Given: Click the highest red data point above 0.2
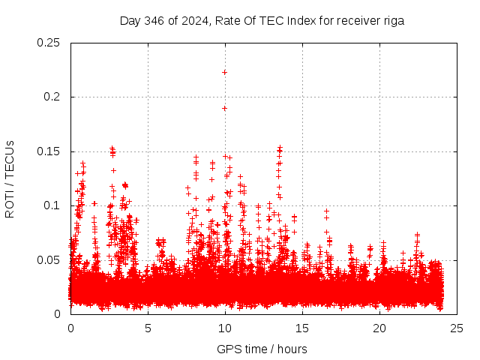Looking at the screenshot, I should [224, 72].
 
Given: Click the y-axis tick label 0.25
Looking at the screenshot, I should [49, 43].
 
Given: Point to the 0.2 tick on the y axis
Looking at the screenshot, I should [52, 97].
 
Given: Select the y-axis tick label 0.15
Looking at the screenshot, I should [49, 151].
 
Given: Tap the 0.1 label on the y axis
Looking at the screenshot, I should [52, 205].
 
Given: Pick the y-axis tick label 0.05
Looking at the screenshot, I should [49, 260].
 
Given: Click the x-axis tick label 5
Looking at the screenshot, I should [148, 328].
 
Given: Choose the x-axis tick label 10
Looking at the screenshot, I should [225, 328].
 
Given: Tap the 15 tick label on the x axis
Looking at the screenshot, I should [302, 328].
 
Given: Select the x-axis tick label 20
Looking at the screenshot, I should [379, 328].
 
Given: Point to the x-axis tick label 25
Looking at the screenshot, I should [457, 328].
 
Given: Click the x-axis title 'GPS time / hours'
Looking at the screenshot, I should [262, 349].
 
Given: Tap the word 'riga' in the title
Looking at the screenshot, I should [393, 21].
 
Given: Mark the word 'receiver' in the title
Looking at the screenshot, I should [357, 21].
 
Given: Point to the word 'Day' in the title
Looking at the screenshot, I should [130, 21].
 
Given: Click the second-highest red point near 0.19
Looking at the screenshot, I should [224, 108].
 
